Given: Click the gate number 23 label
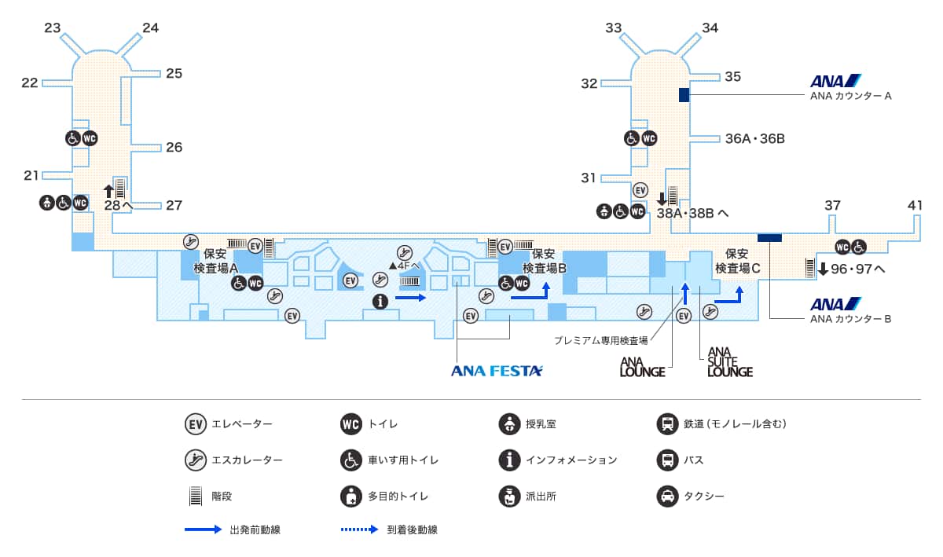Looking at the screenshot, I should pos(53,28).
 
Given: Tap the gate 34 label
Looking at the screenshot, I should pos(710,28).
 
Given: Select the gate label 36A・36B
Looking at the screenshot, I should pos(754,139).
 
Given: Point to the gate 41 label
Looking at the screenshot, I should pos(915,206).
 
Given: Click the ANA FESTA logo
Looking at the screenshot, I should pos(497,371).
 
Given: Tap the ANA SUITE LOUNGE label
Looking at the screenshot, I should pos(729,362).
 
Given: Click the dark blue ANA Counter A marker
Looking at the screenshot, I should pos(684,95).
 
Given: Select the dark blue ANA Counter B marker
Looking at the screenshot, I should pos(769,237).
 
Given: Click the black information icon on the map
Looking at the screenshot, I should pos(381,300).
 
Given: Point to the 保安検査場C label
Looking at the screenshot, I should pos(737,261).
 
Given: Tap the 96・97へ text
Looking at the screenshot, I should pos(857,269).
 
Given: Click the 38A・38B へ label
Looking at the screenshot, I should pos(692,212).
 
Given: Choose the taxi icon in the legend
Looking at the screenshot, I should pos(667,497).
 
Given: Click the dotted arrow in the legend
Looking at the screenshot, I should pos(360,530).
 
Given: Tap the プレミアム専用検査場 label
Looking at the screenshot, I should pos(600,341).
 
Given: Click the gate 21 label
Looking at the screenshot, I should pos(31,175).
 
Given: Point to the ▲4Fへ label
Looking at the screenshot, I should pos(404,266).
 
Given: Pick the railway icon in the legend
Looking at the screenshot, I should pos(667,424).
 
